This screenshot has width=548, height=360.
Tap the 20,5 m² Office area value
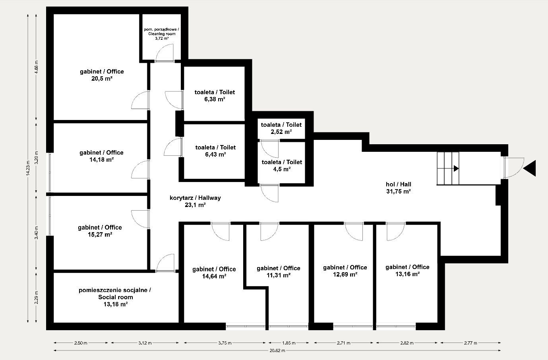tap(101, 79)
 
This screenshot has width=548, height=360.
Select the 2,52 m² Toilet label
tap(281, 128)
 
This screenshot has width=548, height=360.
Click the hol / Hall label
tap(398, 188)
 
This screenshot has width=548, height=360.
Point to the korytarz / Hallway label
tap(195, 201)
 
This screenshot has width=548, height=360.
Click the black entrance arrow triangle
tap(531, 168)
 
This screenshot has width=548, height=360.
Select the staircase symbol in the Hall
tap(448, 168)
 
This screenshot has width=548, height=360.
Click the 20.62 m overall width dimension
tap(277, 350)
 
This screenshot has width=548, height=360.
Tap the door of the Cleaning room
tap(165, 54)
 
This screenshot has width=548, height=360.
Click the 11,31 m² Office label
tap(278, 271)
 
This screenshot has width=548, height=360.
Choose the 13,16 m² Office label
tap(407, 271)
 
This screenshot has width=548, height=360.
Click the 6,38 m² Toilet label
tap(215, 96)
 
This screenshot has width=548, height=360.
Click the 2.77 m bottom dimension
tap(470, 343)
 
